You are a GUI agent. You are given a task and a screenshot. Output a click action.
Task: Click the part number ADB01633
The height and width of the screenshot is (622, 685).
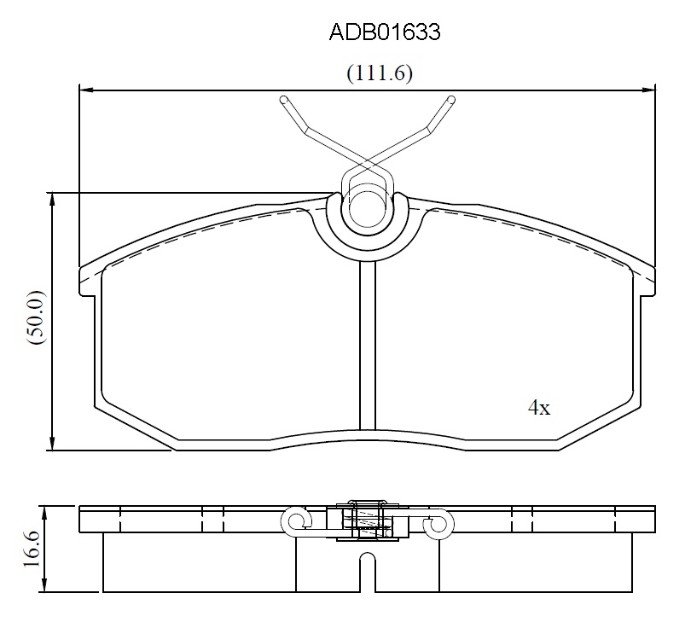385,32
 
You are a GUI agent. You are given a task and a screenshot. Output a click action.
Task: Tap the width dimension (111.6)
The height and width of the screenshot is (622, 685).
380,73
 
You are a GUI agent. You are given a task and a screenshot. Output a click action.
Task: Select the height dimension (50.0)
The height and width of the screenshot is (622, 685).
36,317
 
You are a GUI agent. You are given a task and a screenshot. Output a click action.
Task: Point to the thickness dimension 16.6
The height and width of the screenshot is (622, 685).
32,549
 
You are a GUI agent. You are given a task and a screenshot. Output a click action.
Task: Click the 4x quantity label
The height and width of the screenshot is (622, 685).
539,408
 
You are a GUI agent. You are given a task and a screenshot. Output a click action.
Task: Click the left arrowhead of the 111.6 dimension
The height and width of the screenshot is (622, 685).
85,90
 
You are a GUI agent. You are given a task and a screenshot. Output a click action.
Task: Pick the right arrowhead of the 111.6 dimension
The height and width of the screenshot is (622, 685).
648,90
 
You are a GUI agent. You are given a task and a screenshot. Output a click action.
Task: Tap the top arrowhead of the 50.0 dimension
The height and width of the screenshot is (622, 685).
52,200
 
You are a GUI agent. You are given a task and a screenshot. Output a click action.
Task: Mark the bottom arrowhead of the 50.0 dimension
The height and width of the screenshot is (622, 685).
52,443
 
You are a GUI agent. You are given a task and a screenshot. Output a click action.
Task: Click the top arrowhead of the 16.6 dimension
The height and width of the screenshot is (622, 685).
44,514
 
